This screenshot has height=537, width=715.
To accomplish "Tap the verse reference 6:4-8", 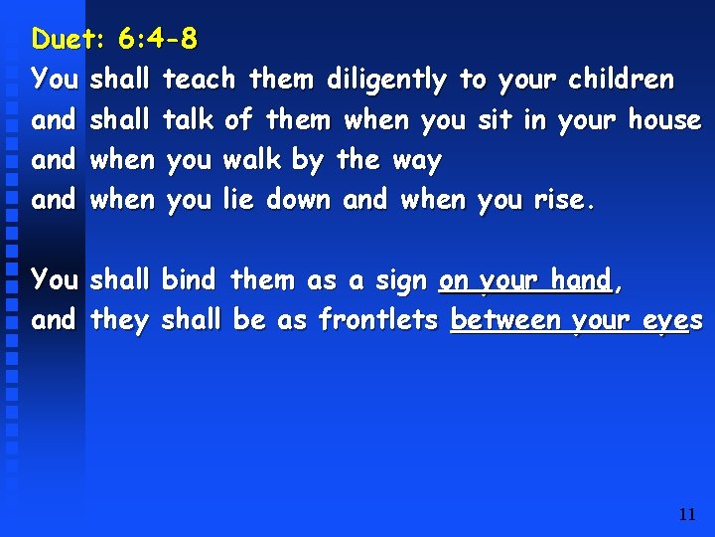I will point(157,40).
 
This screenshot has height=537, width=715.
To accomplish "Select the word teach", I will point(199,80).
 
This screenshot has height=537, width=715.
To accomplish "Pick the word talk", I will point(188,120).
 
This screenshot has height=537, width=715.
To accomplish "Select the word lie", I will point(238,200).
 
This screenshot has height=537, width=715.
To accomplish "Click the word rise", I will point(560,200).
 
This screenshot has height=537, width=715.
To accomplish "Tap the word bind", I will point(188,280).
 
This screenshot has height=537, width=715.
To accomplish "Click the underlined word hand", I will point(580,280).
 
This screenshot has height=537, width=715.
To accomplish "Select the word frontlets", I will point(379,320).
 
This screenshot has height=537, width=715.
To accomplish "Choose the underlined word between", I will point(505,320).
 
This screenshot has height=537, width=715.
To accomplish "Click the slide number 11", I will point(686,514).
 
